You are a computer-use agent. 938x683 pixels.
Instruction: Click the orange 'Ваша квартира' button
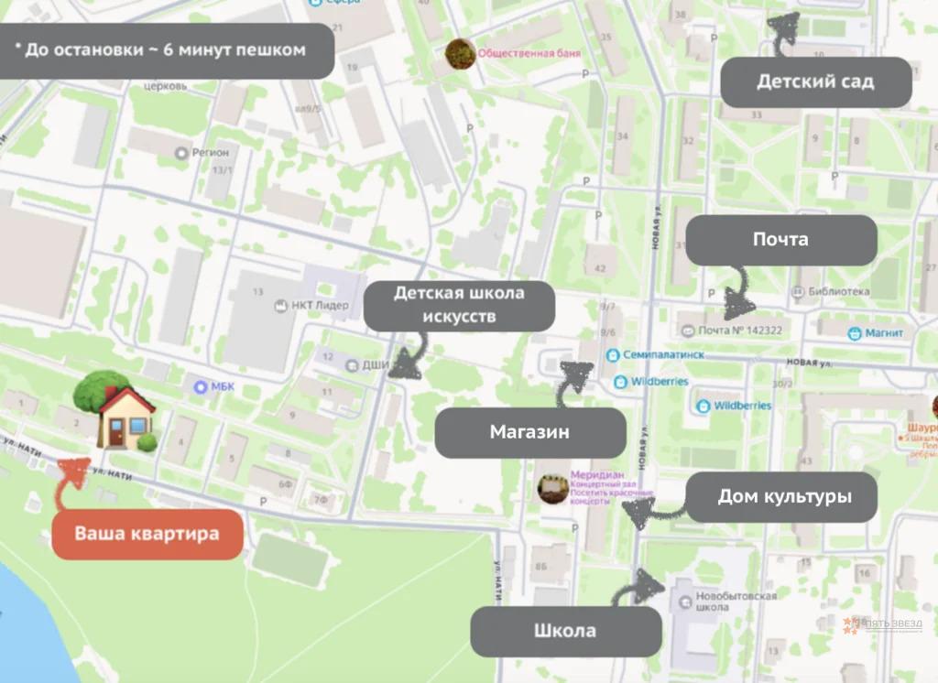click(147, 533)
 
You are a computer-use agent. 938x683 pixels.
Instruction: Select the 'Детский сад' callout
click(815, 81)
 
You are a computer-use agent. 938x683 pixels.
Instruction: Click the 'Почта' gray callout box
click(780, 240)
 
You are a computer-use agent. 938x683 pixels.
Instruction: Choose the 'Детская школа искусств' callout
click(459, 305)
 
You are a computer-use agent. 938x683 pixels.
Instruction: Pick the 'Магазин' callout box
click(529, 432)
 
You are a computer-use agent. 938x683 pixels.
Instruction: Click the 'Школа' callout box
click(565, 631)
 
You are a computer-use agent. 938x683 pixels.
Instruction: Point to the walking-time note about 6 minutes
click(165, 50)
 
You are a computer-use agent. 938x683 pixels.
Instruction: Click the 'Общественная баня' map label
click(529, 54)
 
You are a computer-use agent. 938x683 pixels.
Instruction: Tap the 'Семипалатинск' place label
click(647, 354)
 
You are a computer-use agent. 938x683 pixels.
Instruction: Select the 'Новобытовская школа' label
click(724, 602)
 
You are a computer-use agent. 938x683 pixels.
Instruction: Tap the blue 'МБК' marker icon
click(201, 387)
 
